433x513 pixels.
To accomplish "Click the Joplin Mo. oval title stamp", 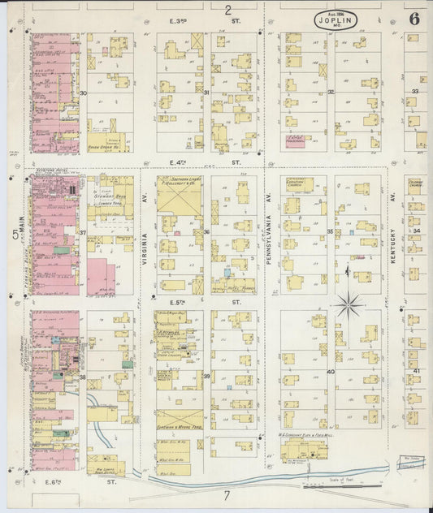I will coord(335,20).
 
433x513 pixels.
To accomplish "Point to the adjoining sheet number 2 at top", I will coord(227,11).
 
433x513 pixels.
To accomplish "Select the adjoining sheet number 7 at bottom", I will coord(227,494).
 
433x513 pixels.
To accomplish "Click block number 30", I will coord(84,93).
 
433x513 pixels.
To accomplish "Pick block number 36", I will coord(206,231).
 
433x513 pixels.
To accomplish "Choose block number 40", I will coord(330,372).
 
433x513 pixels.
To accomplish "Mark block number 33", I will coord(414,92).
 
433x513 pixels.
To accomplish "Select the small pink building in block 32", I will coord(295,141).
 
